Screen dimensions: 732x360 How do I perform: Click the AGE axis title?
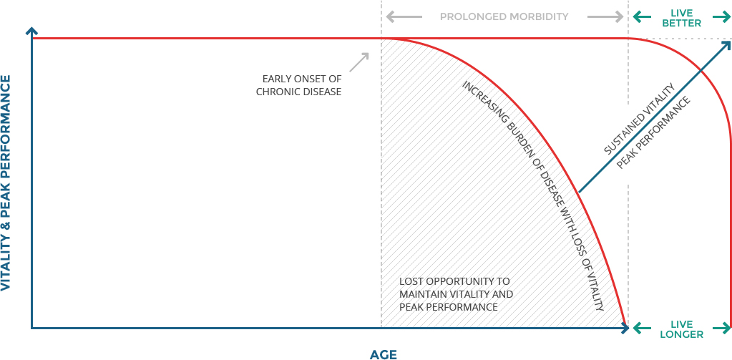pos(384,354)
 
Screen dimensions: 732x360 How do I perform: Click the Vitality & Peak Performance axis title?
pos(6,183)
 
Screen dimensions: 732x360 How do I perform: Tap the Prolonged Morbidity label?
pos(504,16)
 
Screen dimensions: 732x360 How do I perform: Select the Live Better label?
pos(682,18)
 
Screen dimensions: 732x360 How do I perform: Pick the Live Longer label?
pos(682,329)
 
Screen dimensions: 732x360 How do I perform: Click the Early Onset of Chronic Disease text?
pos(299,85)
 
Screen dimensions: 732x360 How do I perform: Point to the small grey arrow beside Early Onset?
pos(359,62)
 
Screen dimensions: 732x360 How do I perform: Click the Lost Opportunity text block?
pos(456,294)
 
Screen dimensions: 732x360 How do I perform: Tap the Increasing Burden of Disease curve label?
pos(532,195)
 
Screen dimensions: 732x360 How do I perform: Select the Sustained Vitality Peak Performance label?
pos(648,125)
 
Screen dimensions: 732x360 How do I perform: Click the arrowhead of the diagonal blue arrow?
pos(727,45)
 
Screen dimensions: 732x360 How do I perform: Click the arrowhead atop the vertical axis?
pos(31,31)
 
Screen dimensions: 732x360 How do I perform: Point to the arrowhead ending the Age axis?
pos(625,329)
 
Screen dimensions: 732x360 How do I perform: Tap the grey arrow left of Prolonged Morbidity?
pos(404,16)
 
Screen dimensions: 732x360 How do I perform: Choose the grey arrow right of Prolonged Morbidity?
pos(605,16)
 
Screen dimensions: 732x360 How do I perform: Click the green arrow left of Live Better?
pos(642,17)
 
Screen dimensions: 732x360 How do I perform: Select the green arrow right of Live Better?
pos(722,17)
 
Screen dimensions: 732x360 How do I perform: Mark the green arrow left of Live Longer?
pos(642,329)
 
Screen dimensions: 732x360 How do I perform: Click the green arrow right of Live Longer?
pos(722,329)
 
